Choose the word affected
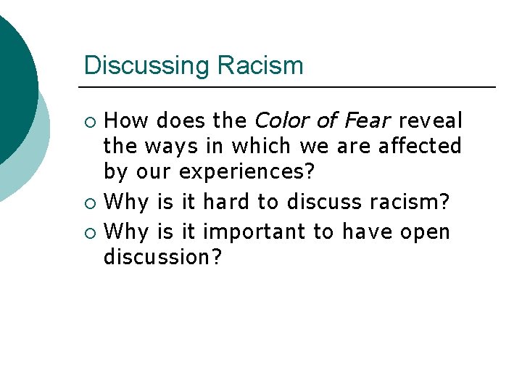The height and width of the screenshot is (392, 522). click(x=420, y=146)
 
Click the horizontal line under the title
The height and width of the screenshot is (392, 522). click(x=290, y=87)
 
